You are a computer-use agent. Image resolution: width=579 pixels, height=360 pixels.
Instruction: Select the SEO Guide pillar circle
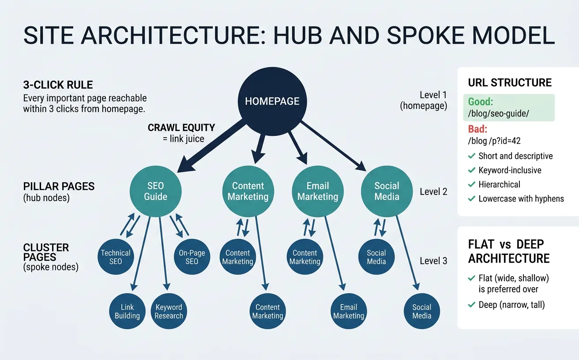point(155,191)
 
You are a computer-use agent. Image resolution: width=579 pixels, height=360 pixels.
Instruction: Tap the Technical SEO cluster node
point(116,257)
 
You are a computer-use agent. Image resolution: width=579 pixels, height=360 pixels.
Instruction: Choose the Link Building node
point(127,311)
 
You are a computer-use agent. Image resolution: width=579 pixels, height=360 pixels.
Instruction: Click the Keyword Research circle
point(169,311)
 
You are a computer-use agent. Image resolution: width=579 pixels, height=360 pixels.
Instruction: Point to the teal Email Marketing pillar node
point(317,191)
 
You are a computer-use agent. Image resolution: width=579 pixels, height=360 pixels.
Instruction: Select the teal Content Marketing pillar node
point(248,191)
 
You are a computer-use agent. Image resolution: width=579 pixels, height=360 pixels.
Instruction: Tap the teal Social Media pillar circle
point(387,191)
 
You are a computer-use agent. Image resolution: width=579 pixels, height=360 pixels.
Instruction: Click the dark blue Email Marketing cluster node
point(348,311)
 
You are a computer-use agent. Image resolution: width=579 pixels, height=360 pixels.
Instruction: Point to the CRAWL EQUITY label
point(181,128)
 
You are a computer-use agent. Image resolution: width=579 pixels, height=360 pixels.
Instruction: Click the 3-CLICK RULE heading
point(58,85)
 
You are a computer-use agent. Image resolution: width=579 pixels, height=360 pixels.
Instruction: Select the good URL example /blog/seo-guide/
point(498,113)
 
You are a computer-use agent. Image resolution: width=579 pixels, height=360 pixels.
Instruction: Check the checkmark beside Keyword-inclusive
point(471,170)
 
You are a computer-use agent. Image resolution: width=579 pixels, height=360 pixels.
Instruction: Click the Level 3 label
point(433,261)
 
